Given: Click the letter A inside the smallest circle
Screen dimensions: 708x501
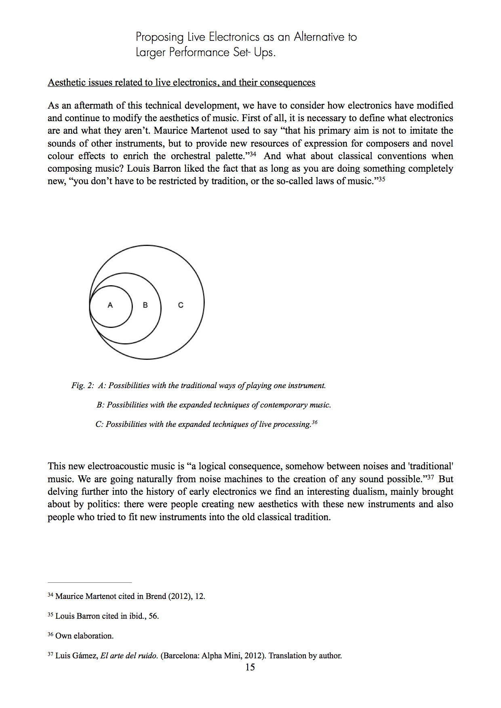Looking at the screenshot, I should point(110,305).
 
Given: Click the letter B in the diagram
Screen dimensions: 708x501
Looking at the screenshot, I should point(145,305).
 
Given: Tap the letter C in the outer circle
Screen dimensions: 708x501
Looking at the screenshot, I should point(181,305).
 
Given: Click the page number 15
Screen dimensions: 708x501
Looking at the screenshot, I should point(250,667).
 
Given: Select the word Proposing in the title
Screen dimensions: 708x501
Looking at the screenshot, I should point(160,37).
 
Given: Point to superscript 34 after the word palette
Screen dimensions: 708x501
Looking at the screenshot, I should point(253,154).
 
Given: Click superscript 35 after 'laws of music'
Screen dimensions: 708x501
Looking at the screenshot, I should point(381,179).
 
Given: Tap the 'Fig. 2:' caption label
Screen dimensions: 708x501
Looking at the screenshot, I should point(82,385).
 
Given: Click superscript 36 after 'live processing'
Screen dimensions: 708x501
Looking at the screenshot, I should point(315,422).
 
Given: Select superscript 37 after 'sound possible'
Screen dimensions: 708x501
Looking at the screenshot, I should point(431,477).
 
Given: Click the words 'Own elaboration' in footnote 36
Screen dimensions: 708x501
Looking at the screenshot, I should point(84,636).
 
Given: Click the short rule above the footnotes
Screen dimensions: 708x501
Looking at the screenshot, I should point(90,582).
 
